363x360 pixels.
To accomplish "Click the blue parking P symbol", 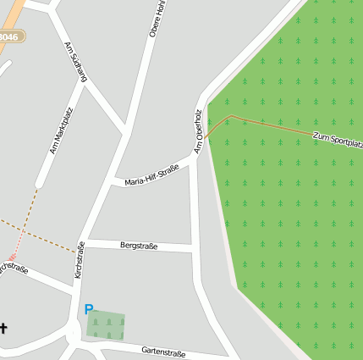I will tap(89, 310).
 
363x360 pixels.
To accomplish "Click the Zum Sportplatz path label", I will tap(337, 139).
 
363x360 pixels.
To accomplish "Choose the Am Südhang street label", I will tap(76, 61).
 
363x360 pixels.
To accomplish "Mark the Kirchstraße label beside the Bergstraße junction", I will tap(80, 260).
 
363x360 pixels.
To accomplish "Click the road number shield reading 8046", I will tap(8, 37).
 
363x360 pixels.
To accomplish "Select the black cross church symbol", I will tap(3, 329).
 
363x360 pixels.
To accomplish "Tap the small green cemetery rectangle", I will tap(105, 326).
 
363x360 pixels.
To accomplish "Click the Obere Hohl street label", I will tap(155, 19).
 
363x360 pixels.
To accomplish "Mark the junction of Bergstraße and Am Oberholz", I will tap(193, 248).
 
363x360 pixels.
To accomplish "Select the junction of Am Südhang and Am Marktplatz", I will tap(85, 85).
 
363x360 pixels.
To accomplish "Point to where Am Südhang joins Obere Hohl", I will tap(126, 131).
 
